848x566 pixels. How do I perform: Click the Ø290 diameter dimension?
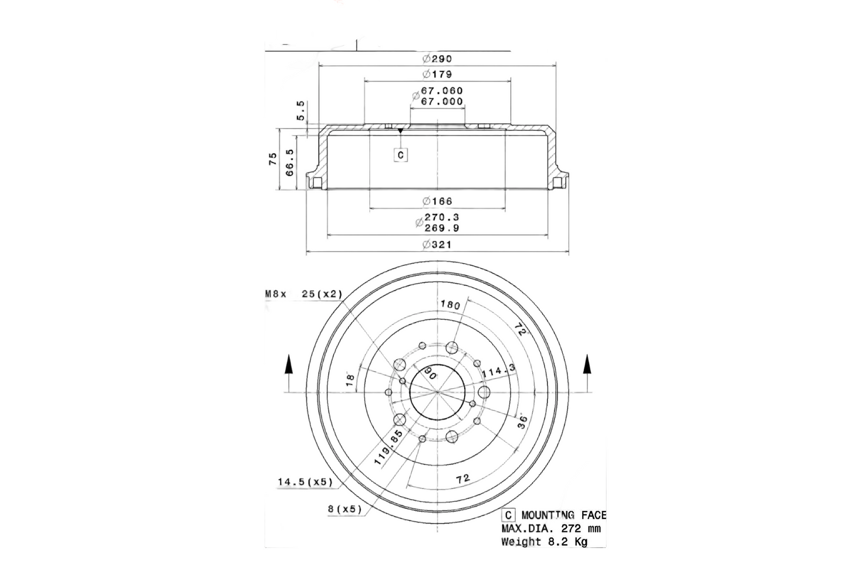437,59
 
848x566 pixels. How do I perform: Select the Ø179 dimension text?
437,75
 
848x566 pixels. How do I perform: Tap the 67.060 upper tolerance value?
442,90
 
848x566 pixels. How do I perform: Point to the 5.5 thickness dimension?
301,110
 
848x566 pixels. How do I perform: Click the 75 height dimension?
273,159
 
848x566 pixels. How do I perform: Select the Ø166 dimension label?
437,201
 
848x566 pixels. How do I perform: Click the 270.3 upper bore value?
441,217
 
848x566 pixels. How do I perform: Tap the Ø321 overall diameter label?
437,245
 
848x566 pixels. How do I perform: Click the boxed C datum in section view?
400,155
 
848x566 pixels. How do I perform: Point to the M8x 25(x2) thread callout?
303,294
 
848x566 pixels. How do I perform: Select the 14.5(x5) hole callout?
305,482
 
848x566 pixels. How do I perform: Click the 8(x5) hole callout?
344,509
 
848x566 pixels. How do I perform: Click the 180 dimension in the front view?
450,304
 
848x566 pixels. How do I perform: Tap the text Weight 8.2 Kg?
544,541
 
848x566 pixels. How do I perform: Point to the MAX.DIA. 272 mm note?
550,528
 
